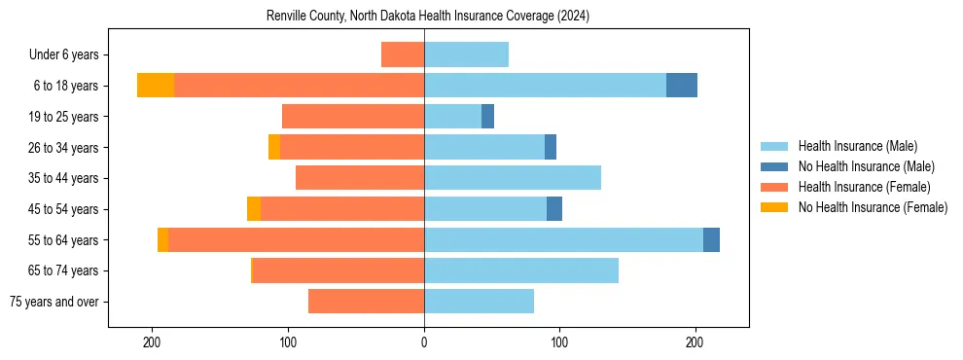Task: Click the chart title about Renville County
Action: pos(428,17)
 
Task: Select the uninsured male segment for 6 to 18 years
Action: pos(682,86)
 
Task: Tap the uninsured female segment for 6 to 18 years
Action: pos(156,86)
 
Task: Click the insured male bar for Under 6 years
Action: pos(466,54)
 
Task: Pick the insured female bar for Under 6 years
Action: pos(403,54)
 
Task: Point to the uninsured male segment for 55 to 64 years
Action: pos(711,239)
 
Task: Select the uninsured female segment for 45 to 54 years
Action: pos(254,209)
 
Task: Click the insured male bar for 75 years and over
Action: pos(479,302)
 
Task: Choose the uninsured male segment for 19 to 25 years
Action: pos(487,117)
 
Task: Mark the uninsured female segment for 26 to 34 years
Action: pos(274,147)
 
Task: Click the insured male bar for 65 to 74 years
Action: pos(521,270)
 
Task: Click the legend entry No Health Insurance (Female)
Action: pos(873,207)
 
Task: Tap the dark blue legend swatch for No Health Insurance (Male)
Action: pos(773,166)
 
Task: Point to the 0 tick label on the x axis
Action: pos(424,342)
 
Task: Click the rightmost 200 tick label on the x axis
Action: pos(695,342)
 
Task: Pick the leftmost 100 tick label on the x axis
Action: pos(289,342)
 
